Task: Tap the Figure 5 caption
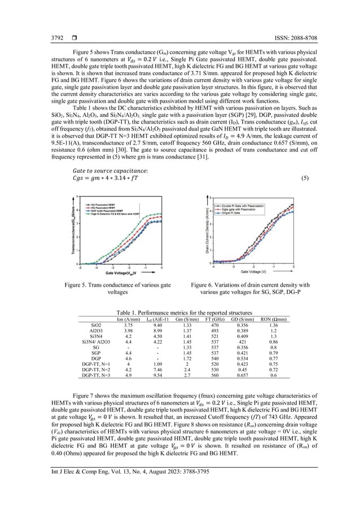coord(118,289)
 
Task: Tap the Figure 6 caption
coord(250,289)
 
